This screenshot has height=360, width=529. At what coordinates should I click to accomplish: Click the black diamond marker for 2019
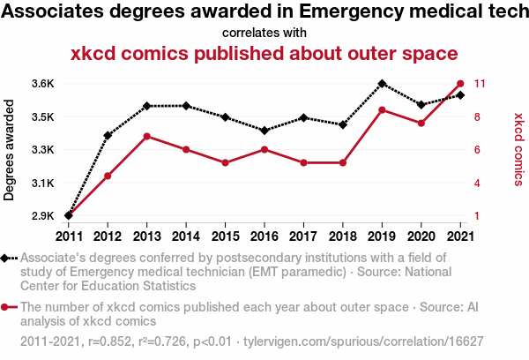point(382,84)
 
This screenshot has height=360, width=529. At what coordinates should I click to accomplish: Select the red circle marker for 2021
point(460,84)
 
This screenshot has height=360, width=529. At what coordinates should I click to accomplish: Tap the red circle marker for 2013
point(146,136)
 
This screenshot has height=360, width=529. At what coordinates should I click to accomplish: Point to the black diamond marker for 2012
point(108,136)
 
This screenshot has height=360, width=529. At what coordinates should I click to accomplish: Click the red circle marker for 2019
point(382,110)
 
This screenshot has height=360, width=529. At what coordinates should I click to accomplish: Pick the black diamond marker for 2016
point(264,131)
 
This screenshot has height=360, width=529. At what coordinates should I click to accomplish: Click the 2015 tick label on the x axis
point(225,236)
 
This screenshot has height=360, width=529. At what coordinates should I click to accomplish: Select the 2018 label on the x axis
point(343,236)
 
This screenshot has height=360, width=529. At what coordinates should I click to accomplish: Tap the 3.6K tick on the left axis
point(42,84)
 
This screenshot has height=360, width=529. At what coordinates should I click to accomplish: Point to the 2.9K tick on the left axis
point(42,215)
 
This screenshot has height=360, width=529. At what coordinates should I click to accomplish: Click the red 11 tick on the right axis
point(481,84)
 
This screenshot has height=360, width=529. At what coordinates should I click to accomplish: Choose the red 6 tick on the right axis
point(477,150)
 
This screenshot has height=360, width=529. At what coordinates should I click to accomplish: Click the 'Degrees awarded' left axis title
point(10,150)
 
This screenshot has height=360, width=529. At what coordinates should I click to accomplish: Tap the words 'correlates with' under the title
point(264,33)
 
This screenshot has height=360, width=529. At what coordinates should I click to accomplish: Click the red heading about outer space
point(264,53)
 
